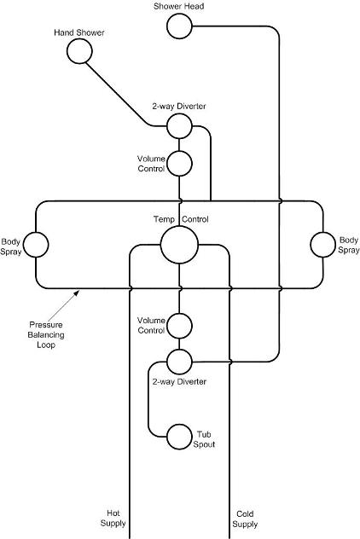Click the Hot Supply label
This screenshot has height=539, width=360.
click(x=113, y=519)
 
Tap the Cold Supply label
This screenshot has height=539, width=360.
click(x=245, y=519)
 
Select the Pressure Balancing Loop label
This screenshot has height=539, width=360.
click(x=46, y=334)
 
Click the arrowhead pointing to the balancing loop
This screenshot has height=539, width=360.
click(x=78, y=292)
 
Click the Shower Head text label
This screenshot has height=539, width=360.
click(x=179, y=6)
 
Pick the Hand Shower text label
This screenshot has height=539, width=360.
click(x=79, y=32)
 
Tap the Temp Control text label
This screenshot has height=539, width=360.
click(x=181, y=219)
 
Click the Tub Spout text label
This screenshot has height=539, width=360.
click(x=204, y=439)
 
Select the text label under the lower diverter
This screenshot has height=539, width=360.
click(x=179, y=381)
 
